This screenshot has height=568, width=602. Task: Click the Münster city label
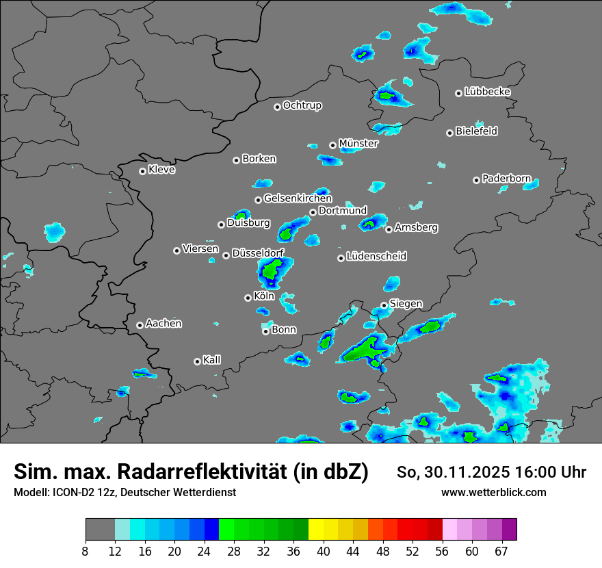pos(358,143)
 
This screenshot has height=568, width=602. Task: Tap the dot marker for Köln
pos(248,298)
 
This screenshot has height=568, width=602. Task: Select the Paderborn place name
pos(506,179)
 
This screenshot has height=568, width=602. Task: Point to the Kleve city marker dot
pos(142,171)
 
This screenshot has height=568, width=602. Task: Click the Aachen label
pos(163,323)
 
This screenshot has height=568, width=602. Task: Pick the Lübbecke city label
pos(487,91)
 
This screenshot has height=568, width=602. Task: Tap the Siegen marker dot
pos(384,305)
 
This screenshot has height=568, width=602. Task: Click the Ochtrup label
pos(302,105)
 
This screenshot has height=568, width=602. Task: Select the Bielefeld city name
pos(476,131)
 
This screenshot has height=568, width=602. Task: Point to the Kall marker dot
pos(197,361)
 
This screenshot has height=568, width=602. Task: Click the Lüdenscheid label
pos(376,256)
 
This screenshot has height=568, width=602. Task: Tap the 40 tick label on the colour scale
pos(324,552)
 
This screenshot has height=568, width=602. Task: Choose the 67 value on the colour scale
pos(501,552)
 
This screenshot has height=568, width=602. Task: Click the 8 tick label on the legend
pos(86,552)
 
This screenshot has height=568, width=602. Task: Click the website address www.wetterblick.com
pos(493,492)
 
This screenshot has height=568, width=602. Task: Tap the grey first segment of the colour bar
pos(100,530)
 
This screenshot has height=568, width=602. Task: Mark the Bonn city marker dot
pos(265,331)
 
